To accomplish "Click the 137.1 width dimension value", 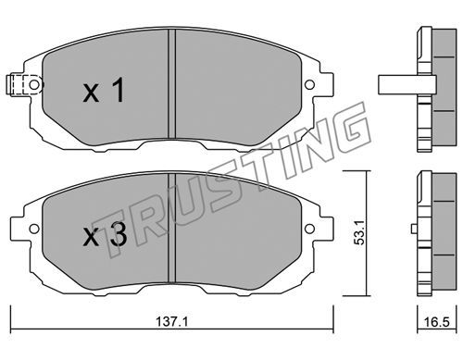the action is click(x=171, y=322).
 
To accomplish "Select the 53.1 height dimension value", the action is click(x=359, y=232).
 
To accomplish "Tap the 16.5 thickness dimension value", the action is click(x=436, y=322).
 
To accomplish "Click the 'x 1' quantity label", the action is click(x=104, y=90).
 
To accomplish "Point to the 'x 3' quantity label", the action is click(x=105, y=234).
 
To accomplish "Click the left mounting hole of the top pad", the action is click(x=34, y=84).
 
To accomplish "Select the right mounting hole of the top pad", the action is click(x=309, y=84).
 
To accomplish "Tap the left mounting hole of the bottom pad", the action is click(x=34, y=229).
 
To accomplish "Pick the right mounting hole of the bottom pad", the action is click(x=309, y=229).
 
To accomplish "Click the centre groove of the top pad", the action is click(x=171, y=84).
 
